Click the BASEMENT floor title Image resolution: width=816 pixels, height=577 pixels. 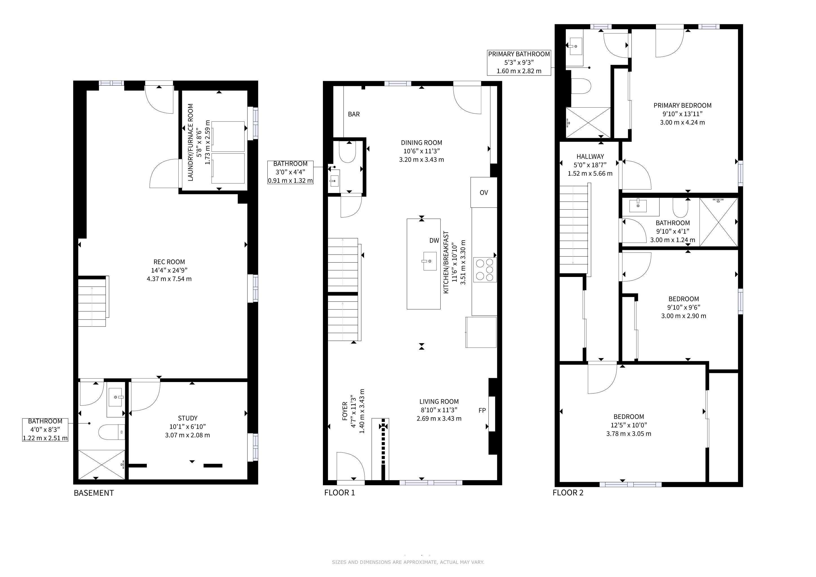pyautogui.click(x=94, y=493)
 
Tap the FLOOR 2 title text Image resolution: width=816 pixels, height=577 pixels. pyautogui.click(x=568, y=492)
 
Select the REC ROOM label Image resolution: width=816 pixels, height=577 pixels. pyautogui.click(x=169, y=262)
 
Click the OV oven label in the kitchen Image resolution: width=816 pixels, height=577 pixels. pyautogui.click(x=484, y=193)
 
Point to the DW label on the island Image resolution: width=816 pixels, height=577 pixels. pyautogui.click(x=434, y=241)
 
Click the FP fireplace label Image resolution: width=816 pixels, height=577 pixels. pyautogui.click(x=482, y=410)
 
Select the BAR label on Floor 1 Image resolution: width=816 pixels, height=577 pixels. pyautogui.click(x=354, y=114)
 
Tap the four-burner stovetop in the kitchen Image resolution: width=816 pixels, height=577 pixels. pyautogui.click(x=485, y=269)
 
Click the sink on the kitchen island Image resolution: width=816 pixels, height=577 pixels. pyautogui.click(x=430, y=261)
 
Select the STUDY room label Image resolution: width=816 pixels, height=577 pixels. pyautogui.click(x=188, y=418)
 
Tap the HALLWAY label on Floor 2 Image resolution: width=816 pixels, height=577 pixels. pyautogui.click(x=590, y=156)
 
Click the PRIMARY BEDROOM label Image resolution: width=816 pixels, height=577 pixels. pyautogui.click(x=682, y=106)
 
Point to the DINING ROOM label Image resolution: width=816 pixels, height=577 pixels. pyautogui.click(x=422, y=143)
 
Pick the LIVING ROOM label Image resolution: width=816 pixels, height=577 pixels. pyautogui.click(x=439, y=401)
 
